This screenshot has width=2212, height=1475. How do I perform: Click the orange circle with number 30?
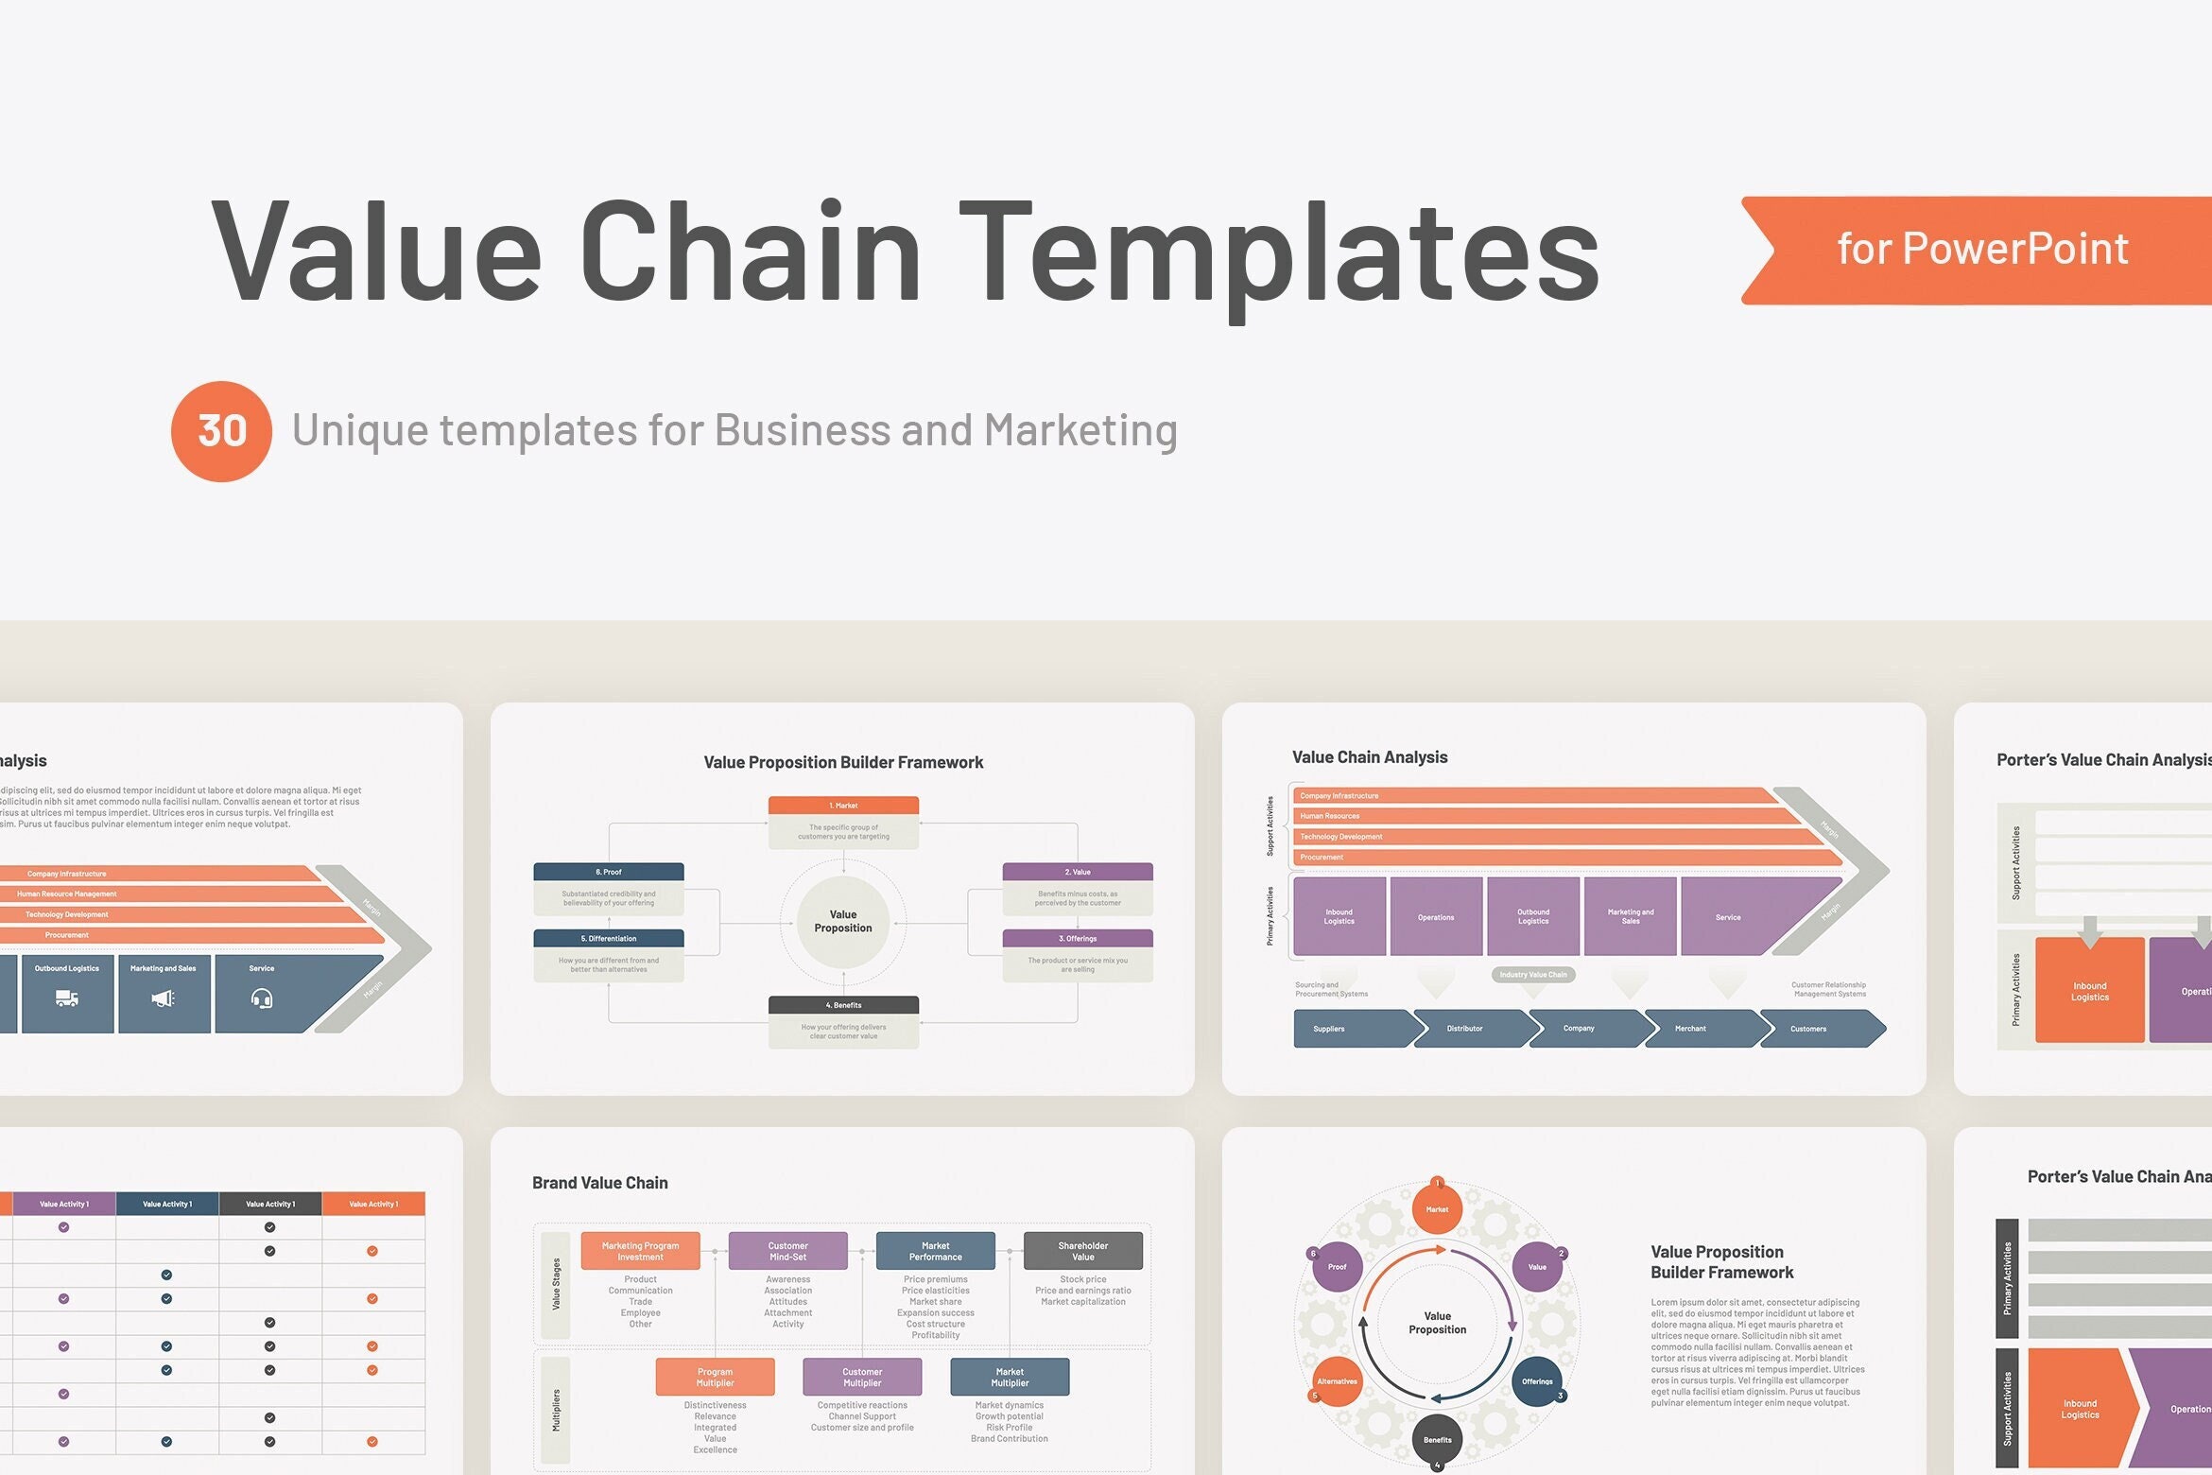221,431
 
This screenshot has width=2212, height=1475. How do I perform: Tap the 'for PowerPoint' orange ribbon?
1981,250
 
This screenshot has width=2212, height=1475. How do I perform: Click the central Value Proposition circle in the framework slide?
843,922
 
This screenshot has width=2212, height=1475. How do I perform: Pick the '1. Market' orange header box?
843,806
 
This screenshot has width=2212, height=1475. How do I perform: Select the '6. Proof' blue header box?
608,872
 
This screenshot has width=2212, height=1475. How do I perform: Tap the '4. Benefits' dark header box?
843,1005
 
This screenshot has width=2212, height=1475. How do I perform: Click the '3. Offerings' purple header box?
1077,939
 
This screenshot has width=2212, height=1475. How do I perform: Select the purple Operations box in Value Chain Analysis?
1436,917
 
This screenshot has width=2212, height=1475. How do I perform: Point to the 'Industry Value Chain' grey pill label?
1532,975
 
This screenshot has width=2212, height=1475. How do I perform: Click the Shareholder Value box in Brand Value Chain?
1082,1251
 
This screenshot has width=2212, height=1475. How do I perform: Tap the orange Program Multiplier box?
715,1378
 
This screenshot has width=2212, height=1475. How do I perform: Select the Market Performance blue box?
935,1251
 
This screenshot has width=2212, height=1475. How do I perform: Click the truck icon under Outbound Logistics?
66,998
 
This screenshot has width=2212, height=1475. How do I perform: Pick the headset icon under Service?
262,998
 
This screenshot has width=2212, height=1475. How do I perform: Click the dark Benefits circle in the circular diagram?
1437,1439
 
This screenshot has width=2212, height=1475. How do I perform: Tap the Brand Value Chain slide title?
599,1183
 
